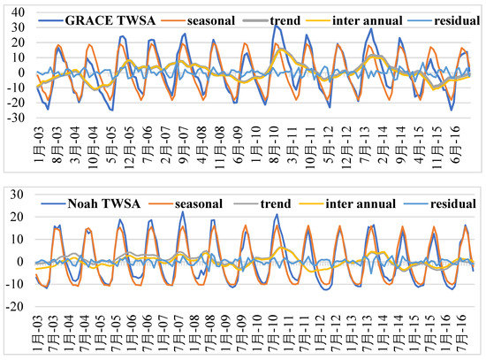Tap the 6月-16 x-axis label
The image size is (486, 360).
(460, 142)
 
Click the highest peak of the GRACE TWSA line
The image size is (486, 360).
(275, 25)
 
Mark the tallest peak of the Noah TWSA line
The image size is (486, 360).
(183, 211)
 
